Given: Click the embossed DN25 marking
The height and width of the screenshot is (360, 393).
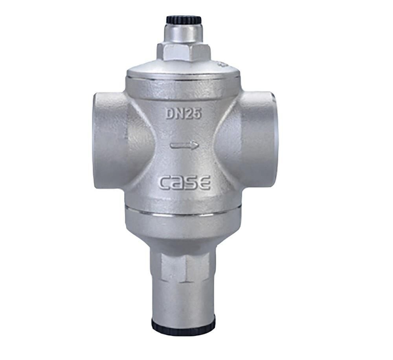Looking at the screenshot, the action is click(x=184, y=114).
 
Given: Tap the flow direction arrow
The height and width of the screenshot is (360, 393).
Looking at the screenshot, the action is click(x=184, y=145).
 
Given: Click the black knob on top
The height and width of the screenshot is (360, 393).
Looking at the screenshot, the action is click(x=184, y=20).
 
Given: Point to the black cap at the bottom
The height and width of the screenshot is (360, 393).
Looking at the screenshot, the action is click(x=184, y=322).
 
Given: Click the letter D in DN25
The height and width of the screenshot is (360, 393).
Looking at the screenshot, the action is click(x=171, y=114).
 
